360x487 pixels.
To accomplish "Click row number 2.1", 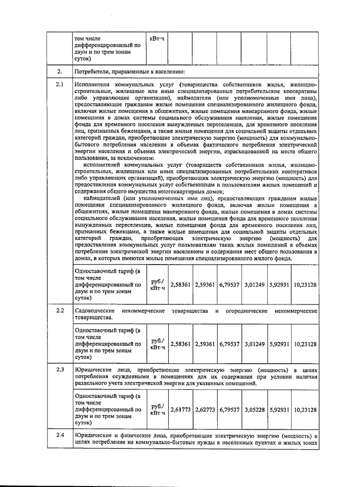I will (x=60, y=84).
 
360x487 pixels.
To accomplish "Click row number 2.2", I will (x=60, y=310).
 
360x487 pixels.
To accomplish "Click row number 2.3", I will (x=60, y=370).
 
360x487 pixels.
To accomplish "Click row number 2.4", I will (x=60, y=435).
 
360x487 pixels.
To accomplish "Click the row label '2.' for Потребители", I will (x=60, y=71).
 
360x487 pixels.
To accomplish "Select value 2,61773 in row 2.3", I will (x=180, y=410).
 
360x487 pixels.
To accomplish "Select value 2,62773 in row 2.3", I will (x=205, y=410).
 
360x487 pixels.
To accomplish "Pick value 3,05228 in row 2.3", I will (x=254, y=410).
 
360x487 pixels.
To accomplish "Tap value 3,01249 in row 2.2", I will (x=254, y=344).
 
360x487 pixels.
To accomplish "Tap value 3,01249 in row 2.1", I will (x=254, y=285).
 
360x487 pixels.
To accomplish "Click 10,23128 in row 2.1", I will (x=305, y=285).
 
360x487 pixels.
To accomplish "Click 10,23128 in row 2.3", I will (x=305, y=410).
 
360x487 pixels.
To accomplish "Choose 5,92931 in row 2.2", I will (x=279, y=344).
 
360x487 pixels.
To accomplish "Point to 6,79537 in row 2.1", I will (x=229, y=285).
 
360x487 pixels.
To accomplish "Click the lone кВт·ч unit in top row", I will (x=157, y=39).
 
